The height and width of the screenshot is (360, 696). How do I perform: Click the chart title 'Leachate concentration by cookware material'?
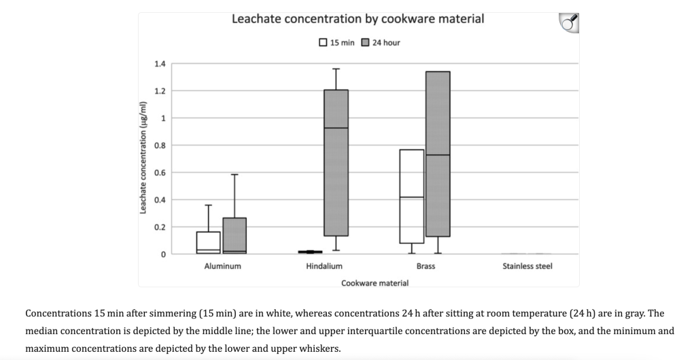(358, 19)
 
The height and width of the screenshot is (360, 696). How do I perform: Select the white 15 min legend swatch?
(323, 42)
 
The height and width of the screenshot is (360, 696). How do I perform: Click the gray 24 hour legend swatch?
(365, 42)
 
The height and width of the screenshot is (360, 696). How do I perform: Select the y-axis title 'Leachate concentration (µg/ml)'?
(143, 157)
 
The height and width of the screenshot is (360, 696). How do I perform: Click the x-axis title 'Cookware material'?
(375, 283)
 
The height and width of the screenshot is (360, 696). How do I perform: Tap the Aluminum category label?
(222, 266)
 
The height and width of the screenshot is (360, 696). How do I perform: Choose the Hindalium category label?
(324, 266)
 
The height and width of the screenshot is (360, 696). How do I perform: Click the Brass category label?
(425, 266)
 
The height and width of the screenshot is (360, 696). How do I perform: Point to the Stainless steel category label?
(527, 266)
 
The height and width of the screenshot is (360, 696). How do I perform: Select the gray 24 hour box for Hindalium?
(336, 163)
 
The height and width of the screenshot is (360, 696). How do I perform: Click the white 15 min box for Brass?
(411, 196)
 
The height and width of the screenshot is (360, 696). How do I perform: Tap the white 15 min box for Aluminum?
(208, 242)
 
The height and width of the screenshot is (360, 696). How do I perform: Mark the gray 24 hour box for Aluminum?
(234, 235)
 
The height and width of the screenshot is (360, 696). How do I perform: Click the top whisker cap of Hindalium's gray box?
(336, 69)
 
